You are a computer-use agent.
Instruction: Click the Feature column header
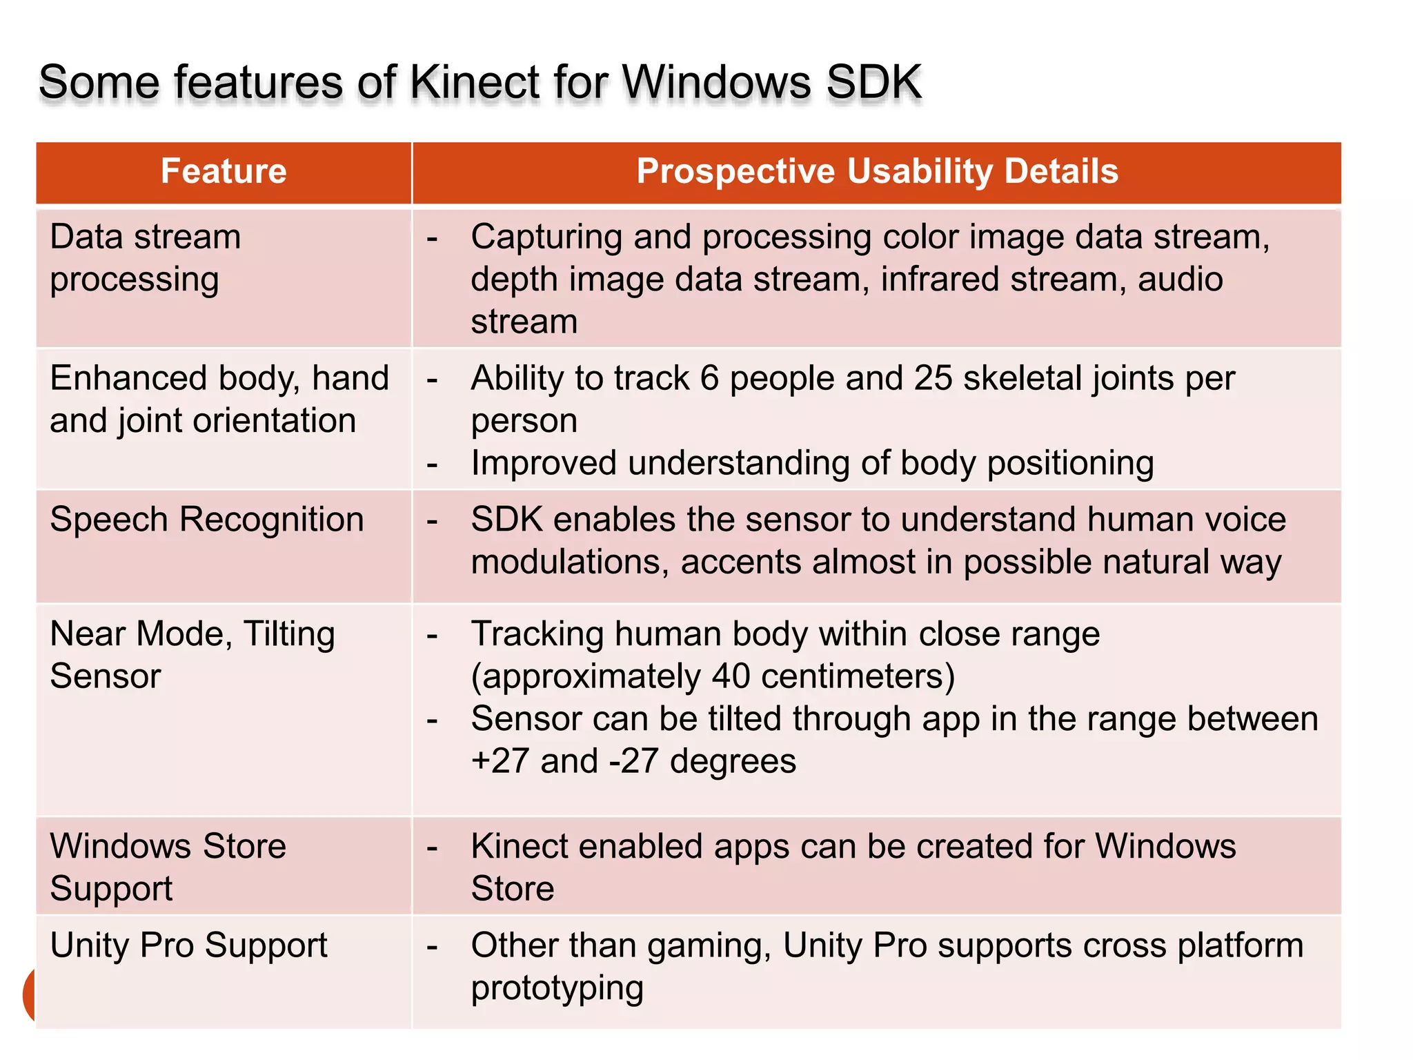tap(224, 171)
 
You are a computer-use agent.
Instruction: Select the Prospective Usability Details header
tap(877, 171)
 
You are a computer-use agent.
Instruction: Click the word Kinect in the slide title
tap(503, 82)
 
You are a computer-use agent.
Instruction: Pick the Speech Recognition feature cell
tap(206, 520)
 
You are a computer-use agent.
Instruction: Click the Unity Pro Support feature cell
tap(188, 945)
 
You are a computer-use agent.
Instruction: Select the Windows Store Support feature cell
tap(168, 867)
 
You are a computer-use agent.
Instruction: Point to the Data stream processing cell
tap(146, 258)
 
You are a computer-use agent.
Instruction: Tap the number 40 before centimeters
tap(731, 676)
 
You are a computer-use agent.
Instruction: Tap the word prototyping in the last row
tap(557, 988)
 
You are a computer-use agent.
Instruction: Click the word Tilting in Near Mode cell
tap(289, 634)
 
